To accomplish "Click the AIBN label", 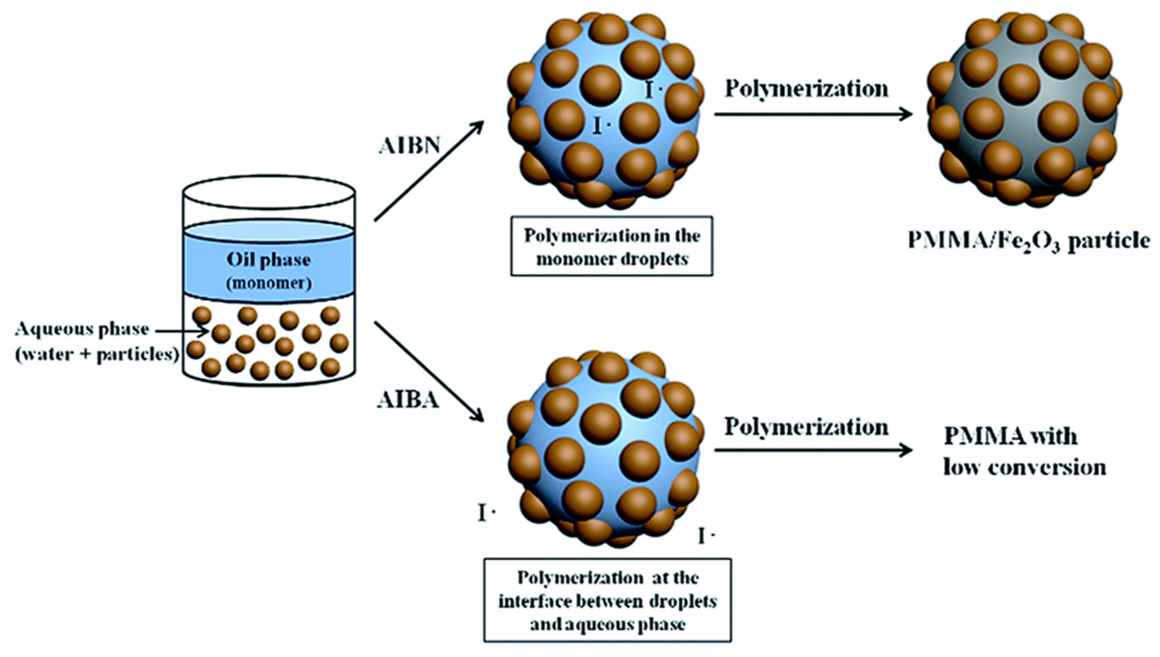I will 408,146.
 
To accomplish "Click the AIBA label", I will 407,400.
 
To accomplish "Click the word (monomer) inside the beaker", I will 269,284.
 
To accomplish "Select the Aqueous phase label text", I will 82,330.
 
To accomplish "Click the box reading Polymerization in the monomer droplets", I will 611,246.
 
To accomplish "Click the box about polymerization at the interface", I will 607,601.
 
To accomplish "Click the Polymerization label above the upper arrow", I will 806,89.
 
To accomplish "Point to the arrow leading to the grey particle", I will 812,114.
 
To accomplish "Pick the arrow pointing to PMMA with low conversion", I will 812,450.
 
